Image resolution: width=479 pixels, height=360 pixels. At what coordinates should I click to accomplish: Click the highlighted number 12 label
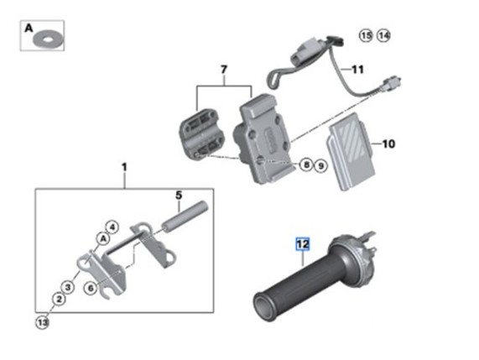[x=303, y=244]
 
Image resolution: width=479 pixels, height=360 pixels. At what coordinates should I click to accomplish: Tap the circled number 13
[x=42, y=322]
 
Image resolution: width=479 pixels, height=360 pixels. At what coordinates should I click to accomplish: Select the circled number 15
[x=366, y=36]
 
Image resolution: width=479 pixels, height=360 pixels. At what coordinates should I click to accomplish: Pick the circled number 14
[x=383, y=36]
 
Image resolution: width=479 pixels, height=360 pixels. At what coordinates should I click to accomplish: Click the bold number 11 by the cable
[x=357, y=70]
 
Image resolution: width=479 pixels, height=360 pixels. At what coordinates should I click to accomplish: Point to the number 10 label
[x=388, y=143]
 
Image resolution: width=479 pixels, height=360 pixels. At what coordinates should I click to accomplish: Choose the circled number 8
[x=306, y=164]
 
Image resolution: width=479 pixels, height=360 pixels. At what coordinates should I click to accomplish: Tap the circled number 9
[x=320, y=166]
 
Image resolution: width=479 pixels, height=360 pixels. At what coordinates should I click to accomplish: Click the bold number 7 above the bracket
[x=224, y=70]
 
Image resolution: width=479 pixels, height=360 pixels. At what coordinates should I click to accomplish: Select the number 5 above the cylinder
[x=179, y=196]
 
